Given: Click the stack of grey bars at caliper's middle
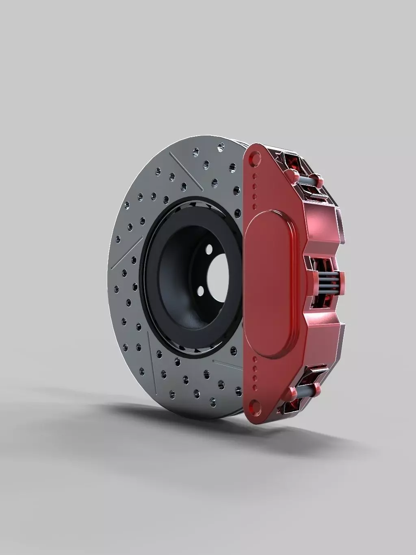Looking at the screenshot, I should click(x=329, y=280).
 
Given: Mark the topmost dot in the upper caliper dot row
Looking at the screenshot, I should click(x=255, y=176).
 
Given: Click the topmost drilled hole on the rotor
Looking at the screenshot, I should click(x=221, y=145).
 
